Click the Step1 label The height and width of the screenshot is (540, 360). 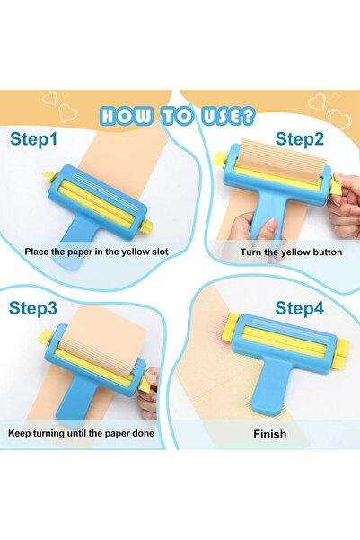tap(33, 139)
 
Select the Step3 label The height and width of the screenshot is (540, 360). tap(33, 307)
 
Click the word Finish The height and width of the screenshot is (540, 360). tap(269, 434)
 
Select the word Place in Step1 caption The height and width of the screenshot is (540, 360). tap(40, 252)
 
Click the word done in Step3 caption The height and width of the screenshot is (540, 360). tap(139, 433)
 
